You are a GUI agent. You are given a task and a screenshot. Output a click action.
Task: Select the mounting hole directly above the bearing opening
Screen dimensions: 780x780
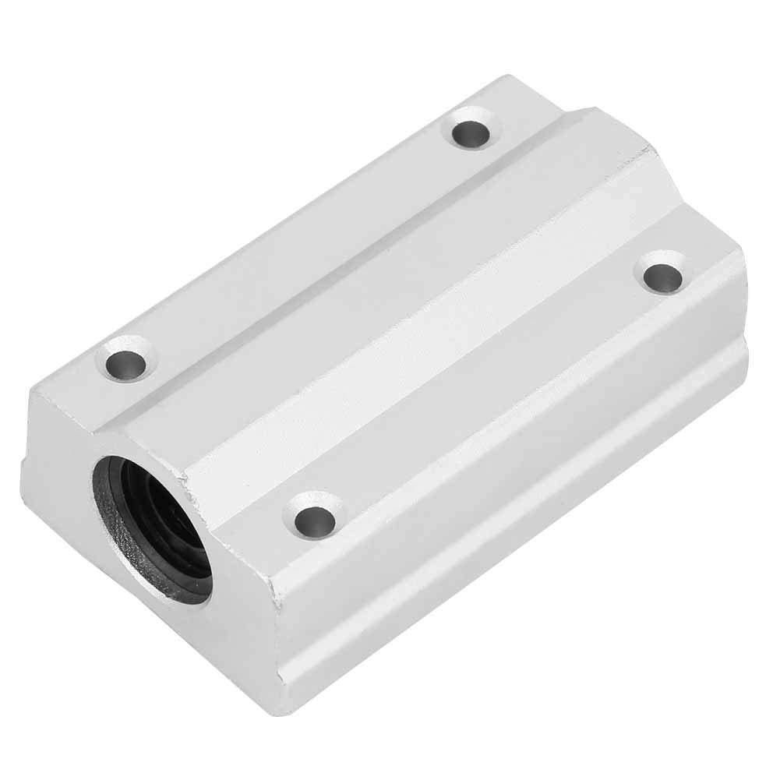pyautogui.click(x=125, y=362)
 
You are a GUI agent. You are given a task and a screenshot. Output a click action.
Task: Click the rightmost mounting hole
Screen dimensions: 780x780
pyautogui.click(x=662, y=277)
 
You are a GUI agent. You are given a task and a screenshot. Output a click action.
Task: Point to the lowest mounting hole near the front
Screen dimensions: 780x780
pyautogui.click(x=315, y=516)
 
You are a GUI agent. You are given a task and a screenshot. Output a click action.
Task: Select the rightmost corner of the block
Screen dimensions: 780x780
pyautogui.click(x=746, y=269)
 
